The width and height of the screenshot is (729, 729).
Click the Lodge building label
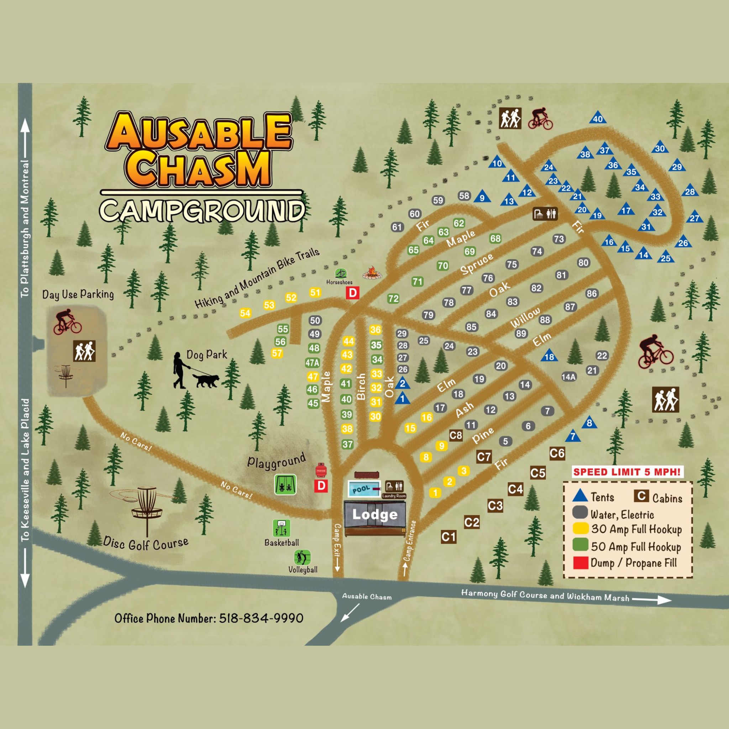(375, 514)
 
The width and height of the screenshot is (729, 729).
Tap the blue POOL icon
(363, 489)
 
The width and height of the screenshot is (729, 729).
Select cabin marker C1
(449, 536)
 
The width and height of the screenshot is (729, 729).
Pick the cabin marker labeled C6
(557, 453)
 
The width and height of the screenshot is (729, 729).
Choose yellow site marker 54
(245, 313)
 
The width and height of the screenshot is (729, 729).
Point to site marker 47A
(313, 363)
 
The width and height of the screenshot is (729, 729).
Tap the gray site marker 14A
(568, 377)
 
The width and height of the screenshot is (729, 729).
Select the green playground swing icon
(285, 484)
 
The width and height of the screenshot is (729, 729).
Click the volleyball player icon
(302, 557)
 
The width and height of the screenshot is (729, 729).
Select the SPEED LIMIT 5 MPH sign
(627, 472)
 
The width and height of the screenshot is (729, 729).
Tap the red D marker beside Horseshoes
(352, 293)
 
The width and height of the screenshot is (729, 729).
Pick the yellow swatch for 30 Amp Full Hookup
(580, 528)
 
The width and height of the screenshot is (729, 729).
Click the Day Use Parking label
(78, 294)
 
